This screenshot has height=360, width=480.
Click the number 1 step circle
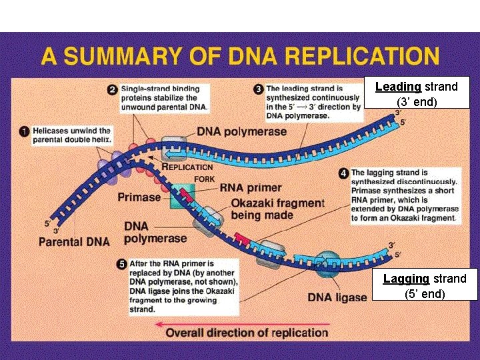(24, 132)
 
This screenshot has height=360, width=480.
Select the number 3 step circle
(258, 89)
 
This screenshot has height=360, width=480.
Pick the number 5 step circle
(121, 265)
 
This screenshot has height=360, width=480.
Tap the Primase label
(139, 197)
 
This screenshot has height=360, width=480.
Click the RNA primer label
(251, 188)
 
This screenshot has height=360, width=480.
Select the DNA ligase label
(337, 297)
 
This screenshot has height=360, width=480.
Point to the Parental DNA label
(74, 241)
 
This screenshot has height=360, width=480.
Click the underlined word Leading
(398, 87)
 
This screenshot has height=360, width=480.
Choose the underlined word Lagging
(406, 279)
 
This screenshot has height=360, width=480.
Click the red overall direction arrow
(157, 324)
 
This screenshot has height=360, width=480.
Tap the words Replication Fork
(189, 172)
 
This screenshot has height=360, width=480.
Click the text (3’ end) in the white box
(416, 102)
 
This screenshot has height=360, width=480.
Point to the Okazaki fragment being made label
(277, 209)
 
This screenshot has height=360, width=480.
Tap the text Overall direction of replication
(247, 333)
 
